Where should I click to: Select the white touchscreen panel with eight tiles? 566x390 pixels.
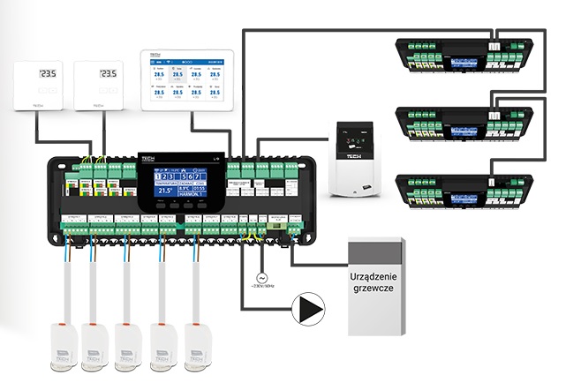185,79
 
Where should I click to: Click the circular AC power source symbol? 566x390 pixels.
260,273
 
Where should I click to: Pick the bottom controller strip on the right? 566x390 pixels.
466,191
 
